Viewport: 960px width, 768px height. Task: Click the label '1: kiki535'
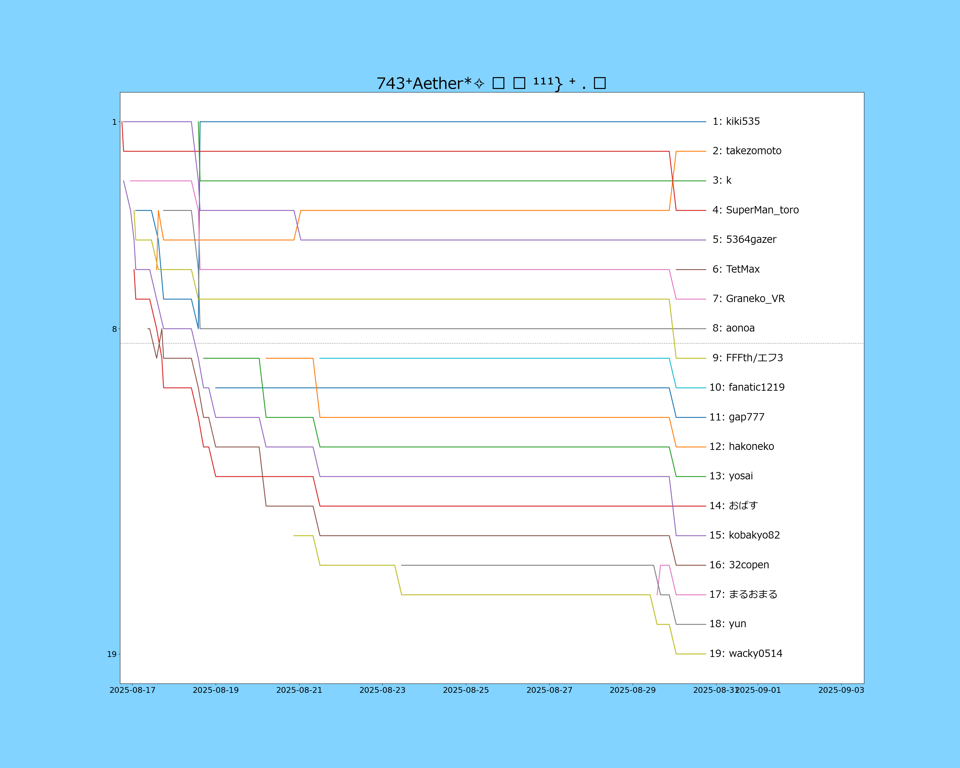coord(736,122)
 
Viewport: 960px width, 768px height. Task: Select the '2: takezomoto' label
coord(747,151)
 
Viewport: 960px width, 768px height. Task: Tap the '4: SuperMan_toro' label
coord(756,210)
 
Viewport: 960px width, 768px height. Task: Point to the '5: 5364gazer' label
coord(744,240)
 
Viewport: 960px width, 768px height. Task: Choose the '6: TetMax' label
coord(736,269)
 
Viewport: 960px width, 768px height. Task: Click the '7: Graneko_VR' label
coord(748,299)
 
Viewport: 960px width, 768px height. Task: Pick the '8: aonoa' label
coord(733,328)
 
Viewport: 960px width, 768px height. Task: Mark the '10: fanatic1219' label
coord(747,387)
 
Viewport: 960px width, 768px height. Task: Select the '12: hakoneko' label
coord(741,446)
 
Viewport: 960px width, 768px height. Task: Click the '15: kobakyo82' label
coord(745,535)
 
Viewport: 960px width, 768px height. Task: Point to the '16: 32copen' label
coord(739,565)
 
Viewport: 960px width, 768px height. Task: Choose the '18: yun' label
coord(728,624)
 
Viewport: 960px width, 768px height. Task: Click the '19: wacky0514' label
coord(746,653)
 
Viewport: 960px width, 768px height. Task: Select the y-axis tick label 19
coord(111,654)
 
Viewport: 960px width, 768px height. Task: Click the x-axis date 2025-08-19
coord(215,690)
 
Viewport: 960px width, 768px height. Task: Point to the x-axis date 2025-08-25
coord(466,690)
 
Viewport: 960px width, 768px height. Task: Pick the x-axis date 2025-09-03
coord(841,690)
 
